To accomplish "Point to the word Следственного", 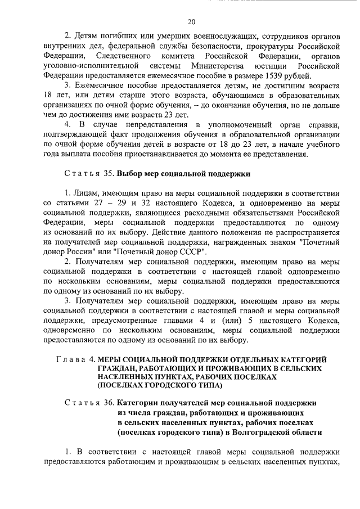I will (x=123, y=57).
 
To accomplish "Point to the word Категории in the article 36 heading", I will (x=138, y=403).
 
